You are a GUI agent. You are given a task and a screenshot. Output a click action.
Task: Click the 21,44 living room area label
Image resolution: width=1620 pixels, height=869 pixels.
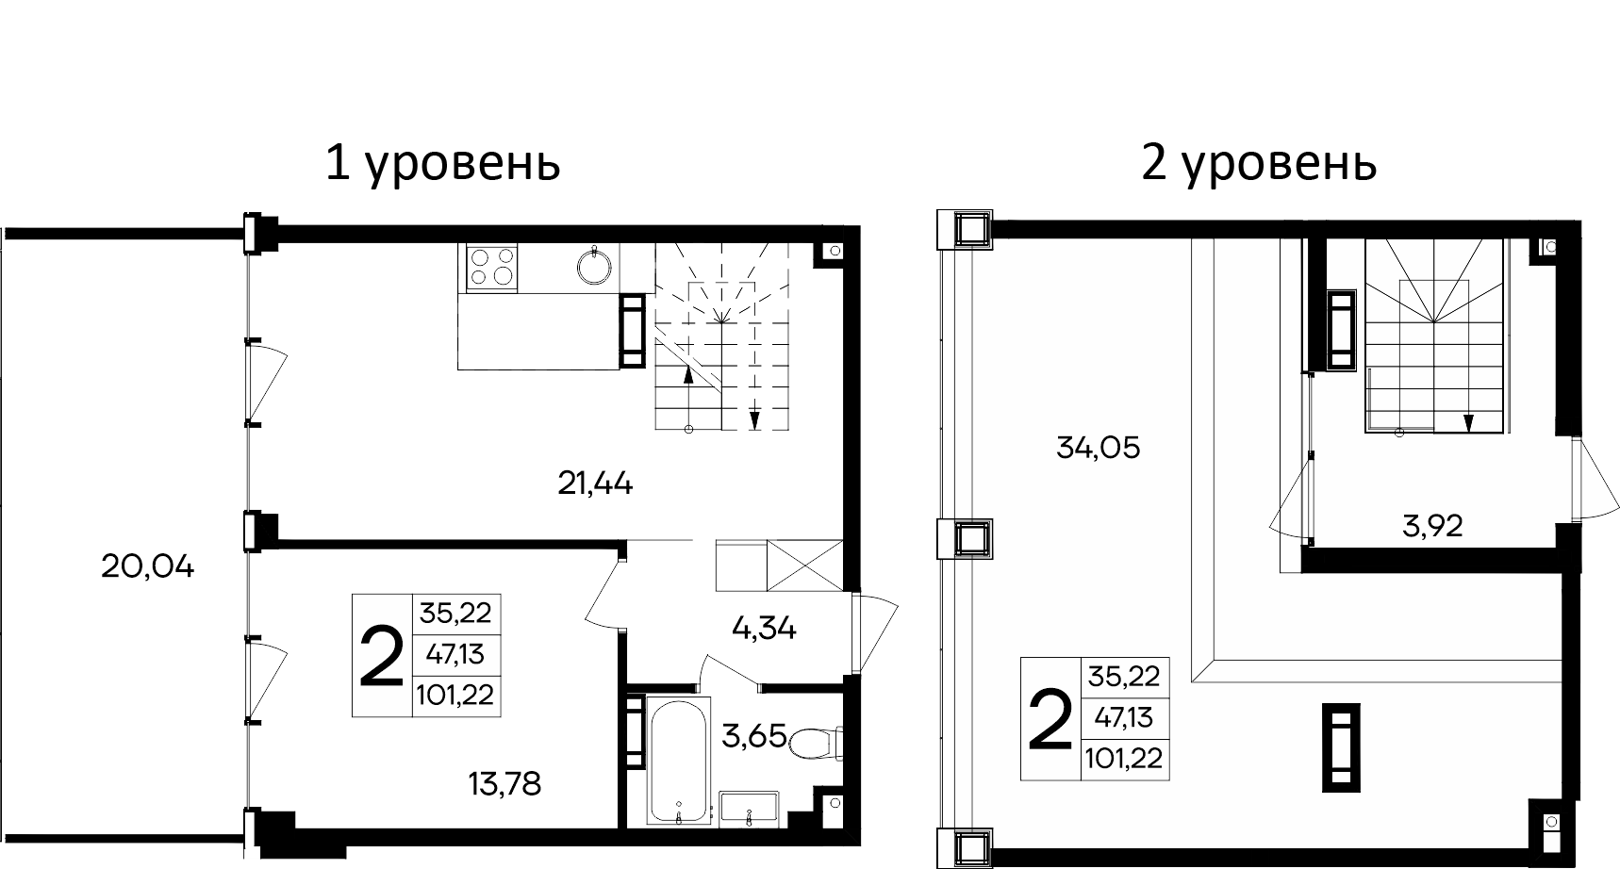(595, 484)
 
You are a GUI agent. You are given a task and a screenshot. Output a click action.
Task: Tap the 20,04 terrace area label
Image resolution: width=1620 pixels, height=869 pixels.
(147, 567)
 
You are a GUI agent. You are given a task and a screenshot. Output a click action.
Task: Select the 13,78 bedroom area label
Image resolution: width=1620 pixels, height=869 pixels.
(504, 783)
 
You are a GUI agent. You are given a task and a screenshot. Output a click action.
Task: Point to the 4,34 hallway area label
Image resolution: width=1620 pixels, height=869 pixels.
(763, 629)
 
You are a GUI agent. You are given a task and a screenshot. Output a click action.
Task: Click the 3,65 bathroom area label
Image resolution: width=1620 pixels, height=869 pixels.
(753, 735)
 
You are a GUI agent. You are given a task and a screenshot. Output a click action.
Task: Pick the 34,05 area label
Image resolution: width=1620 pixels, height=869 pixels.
(1099, 449)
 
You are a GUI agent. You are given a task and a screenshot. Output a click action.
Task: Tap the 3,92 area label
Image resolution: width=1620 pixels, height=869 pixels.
(1432, 527)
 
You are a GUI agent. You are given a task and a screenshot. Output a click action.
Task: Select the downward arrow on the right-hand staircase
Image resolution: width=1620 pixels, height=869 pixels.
(1468, 421)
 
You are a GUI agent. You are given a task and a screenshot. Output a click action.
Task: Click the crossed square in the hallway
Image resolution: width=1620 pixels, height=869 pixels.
(803, 565)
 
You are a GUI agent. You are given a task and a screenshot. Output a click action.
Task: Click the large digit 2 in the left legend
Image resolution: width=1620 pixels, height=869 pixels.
(382, 656)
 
